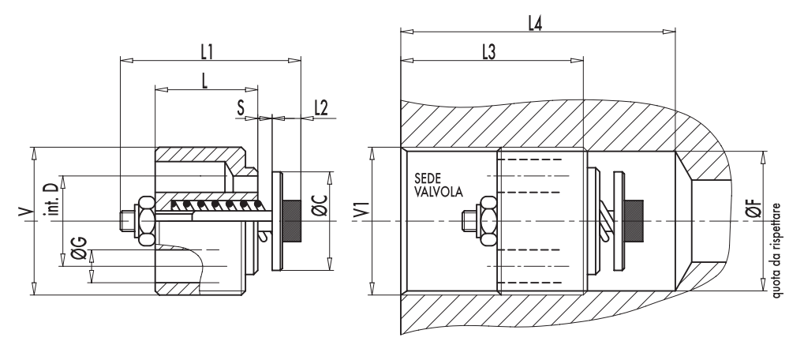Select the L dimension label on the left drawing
pos(204,81)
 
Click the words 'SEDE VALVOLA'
pos(434,185)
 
